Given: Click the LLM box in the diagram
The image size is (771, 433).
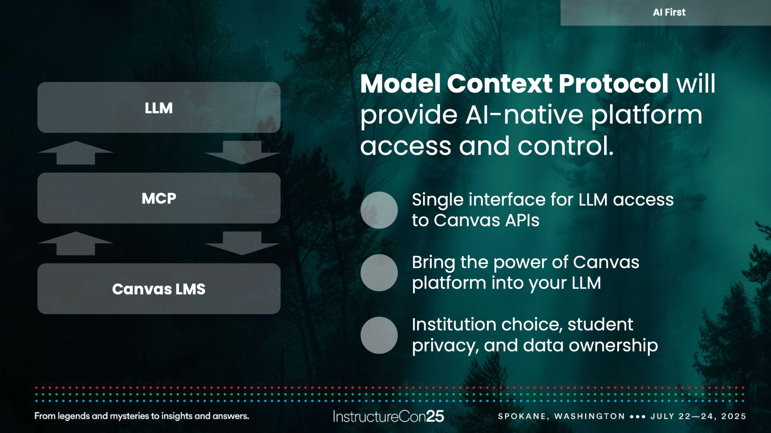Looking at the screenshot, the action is (159, 108).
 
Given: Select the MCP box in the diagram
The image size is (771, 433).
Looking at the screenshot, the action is (159, 198).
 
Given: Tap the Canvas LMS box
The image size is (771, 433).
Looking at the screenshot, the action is (159, 289).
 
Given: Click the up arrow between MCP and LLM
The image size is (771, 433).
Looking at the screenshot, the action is (75, 152).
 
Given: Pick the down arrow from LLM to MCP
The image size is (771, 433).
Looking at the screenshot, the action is (242, 152).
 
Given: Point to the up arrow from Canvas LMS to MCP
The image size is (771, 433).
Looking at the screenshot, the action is (75, 243).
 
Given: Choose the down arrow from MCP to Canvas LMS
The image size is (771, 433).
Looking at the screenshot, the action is (242, 243).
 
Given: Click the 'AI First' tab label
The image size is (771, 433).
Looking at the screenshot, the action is (669, 12).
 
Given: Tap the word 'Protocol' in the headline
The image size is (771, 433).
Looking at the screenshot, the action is (613, 84).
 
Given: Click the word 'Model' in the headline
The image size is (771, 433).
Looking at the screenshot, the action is (400, 84).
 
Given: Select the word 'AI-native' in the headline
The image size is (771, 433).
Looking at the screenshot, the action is (524, 115).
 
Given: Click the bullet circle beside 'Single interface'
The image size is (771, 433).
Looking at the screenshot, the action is (379, 210).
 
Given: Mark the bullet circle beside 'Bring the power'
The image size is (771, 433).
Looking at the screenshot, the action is (379, 273).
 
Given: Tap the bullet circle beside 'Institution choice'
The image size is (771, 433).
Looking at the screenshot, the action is (379, 335).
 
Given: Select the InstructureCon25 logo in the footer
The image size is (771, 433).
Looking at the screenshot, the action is (388, 417).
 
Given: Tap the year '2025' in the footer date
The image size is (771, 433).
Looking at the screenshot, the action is (734, 416).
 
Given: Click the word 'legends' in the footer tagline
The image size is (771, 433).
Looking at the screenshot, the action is (74, 416).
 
